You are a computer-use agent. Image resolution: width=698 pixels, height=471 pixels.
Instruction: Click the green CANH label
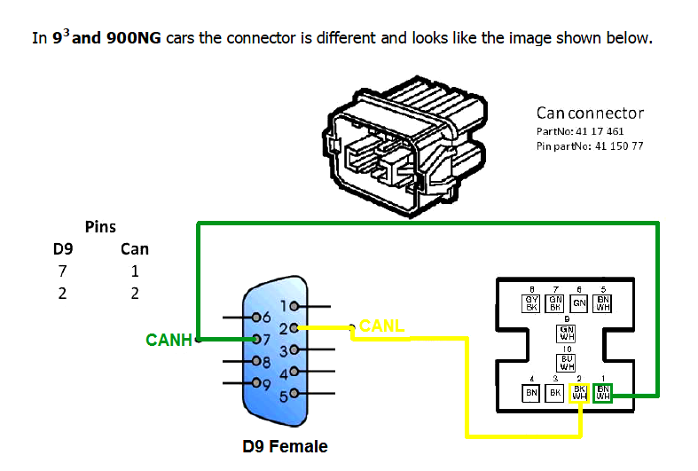169,339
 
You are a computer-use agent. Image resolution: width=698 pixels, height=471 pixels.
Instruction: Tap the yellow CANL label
381,326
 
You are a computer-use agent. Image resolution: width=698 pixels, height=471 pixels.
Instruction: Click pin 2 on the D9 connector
293,328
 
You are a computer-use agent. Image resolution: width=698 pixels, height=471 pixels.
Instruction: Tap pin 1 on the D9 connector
293,307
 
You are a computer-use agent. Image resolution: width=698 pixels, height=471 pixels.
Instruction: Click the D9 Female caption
285,446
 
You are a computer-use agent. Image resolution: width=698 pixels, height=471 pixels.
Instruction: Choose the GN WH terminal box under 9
567,334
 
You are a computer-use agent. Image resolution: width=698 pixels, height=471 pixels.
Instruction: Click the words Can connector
590,113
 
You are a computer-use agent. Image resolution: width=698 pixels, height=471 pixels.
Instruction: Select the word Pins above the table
100,227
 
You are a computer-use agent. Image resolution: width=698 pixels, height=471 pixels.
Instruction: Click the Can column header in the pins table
135,249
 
